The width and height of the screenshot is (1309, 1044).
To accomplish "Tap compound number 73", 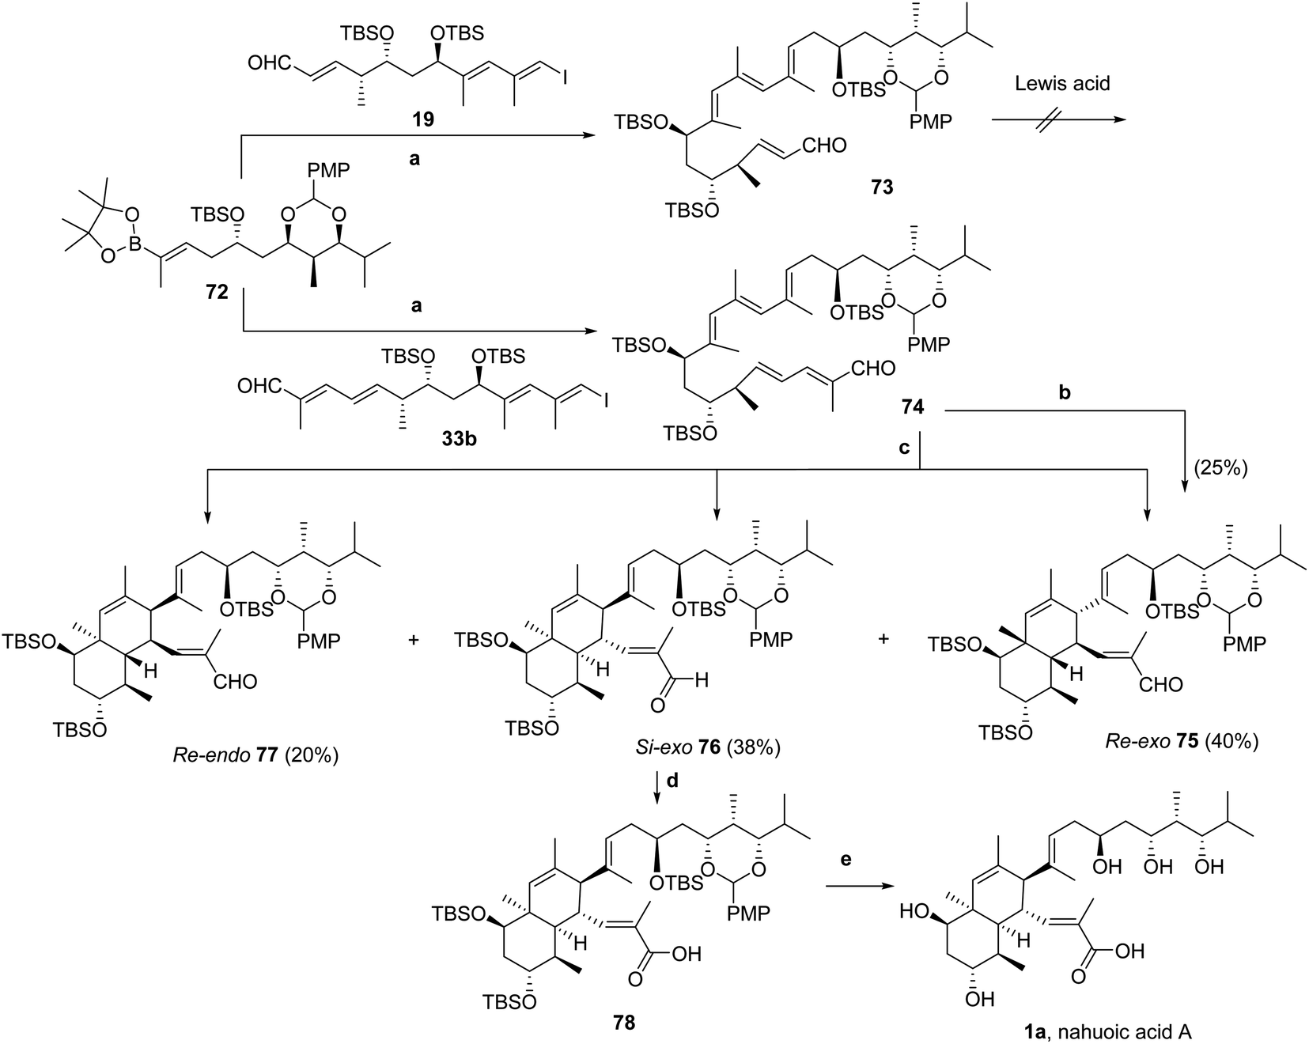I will click(881, 187).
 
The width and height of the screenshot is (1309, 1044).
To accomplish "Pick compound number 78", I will click(623, 1023).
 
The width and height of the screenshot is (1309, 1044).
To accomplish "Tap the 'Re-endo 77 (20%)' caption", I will click(255, 756).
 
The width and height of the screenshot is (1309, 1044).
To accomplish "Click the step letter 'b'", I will click(1065, 393).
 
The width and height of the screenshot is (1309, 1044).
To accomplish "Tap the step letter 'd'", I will click(672, 781).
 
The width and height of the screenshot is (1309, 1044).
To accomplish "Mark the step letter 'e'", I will click(846, 860).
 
